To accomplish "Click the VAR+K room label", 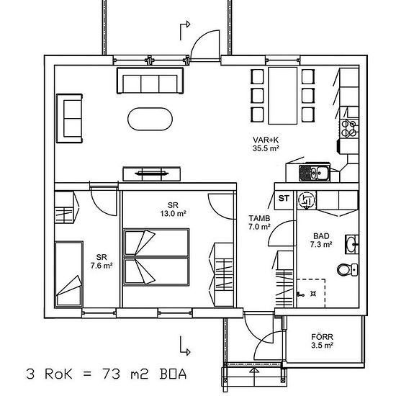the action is [x=266, y=140].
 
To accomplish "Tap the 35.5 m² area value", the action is [x=266, y=148].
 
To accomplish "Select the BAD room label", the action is [x=321, y=236].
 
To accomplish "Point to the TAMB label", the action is [x=259, y=218].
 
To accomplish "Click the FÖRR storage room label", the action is [x=322, y=337].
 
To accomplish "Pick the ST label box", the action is [x=284, y=199].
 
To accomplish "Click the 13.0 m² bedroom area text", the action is [x=174, y=214].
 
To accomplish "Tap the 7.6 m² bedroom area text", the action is [x=102, y=266].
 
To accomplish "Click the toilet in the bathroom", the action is [x=348, y=269].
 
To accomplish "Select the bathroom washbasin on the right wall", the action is [x=352, y=244].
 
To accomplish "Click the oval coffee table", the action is [x=150, y=120].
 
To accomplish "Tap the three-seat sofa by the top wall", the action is [x=150, y=81].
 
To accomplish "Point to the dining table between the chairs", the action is [x=283, y=96].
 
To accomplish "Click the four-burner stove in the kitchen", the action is [x=349, y=128].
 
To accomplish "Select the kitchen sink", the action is [x=315, y=173].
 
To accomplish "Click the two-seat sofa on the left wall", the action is [x=69, y=119].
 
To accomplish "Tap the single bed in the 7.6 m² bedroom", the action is [x=68, y=274].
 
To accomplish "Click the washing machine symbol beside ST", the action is [x=306, y=200].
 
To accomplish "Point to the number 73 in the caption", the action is [x=111, y=374].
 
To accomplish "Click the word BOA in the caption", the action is [x=174, y=374].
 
